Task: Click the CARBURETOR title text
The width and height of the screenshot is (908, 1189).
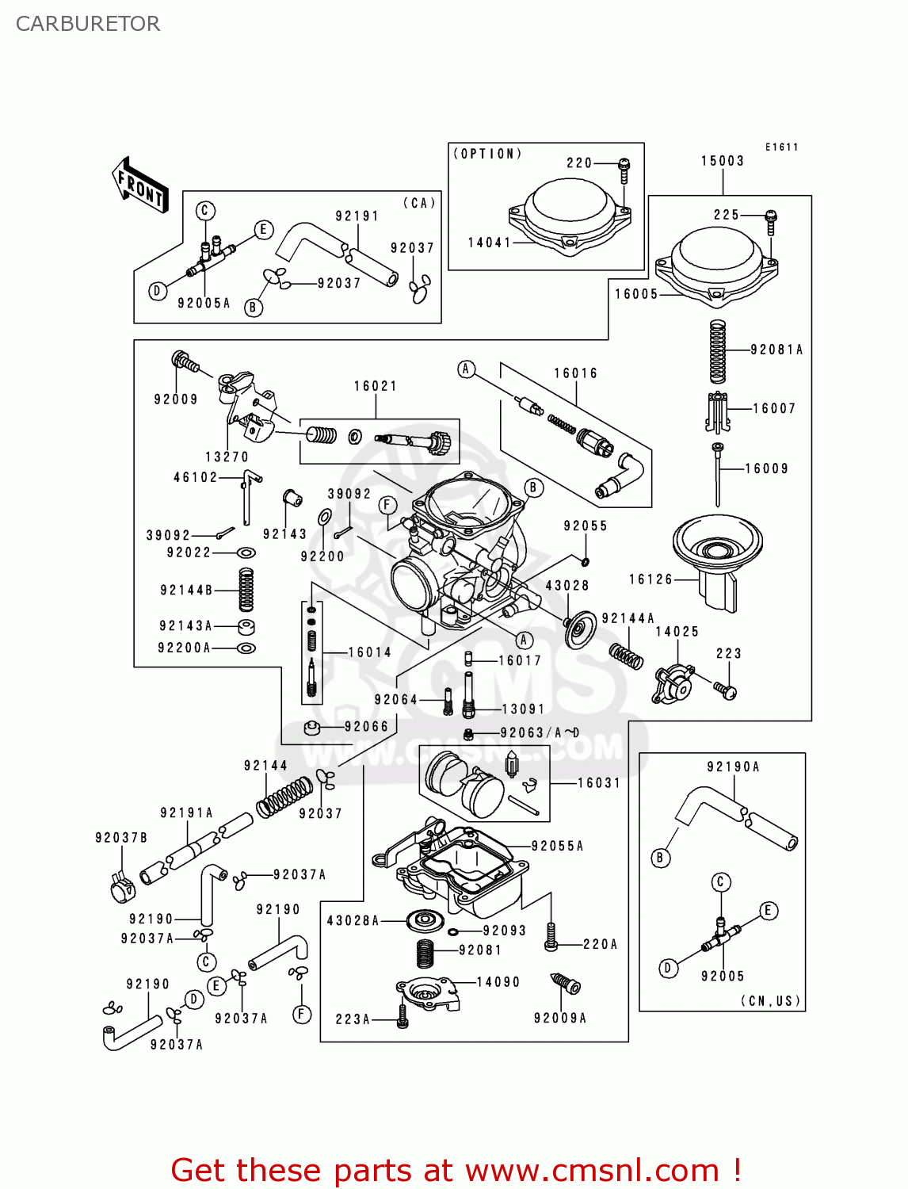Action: tap(88, 24)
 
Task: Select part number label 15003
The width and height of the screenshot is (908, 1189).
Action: tap(723, 161)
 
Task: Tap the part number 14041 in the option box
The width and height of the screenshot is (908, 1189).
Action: tap(490, 243)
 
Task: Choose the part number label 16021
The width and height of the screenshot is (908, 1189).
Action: tap(376, 386)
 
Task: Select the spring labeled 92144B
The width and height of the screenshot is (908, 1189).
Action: tap(246, 590)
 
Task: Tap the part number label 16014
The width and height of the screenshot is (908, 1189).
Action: tap(370, 652)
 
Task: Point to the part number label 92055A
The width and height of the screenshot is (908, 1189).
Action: tap(557, 846)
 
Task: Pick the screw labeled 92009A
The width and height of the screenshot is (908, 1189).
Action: tap(567, 984)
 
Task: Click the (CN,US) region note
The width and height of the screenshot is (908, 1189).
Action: tap(770, 1000)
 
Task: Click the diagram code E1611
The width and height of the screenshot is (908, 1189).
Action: tap(781, 147)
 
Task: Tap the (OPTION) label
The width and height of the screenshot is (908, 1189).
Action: tap(487, 154)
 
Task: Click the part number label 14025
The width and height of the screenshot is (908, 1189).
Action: tap(677, 632)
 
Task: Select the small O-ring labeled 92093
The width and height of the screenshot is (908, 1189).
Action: tap(453, 931)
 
